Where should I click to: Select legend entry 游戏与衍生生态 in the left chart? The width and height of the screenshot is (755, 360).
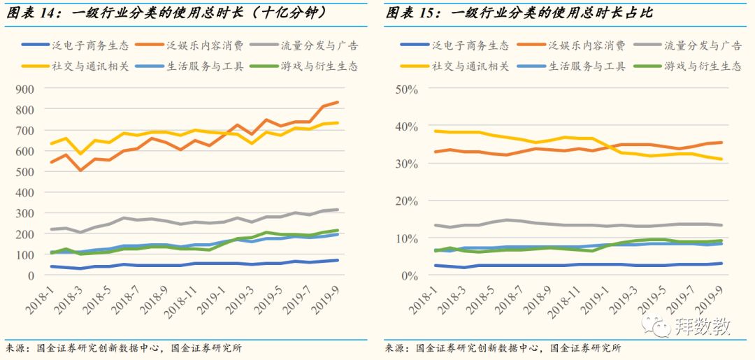pyautogui.click(x=321, y=66)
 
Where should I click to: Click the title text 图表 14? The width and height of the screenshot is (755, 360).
pyautogui.click(x=31, y=13)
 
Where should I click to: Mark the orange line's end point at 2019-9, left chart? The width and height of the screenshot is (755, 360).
pyautogui.click(x=337, y=102)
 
